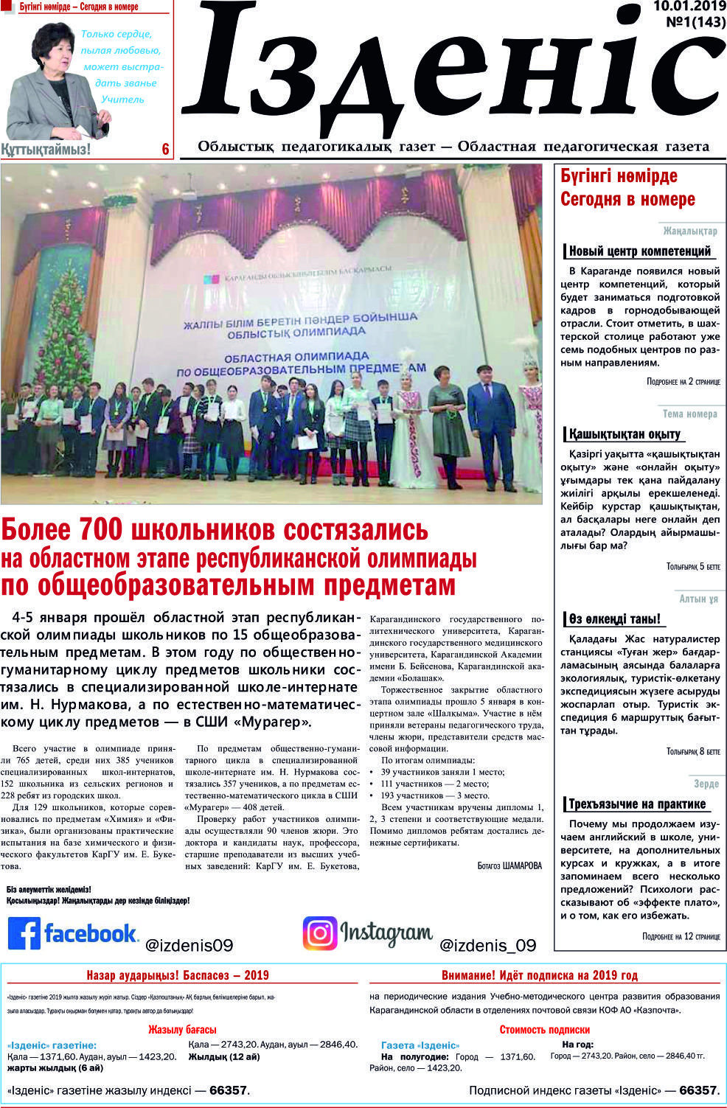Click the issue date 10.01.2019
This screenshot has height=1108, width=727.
pos(689,7)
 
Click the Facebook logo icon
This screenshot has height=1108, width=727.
pos(24,933)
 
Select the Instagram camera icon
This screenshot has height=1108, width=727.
pos(320,933)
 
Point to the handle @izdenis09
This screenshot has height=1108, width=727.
pos(189,945)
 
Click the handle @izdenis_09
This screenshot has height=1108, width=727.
pos(487,945)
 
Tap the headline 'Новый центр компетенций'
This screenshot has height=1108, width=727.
pos(639,251)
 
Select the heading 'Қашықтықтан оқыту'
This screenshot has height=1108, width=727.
pos(625,434)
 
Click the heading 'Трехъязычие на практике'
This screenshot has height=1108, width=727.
pos(637,804)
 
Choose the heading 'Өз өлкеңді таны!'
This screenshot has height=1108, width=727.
pos(614,619)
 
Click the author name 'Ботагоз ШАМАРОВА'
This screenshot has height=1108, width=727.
pos(509,866)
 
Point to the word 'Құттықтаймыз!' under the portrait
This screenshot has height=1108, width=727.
pos(46,150)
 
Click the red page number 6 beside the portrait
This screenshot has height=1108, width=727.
pos(166,150)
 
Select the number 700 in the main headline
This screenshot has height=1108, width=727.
pos(98,530)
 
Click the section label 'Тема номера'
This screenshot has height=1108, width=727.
pos(689,414)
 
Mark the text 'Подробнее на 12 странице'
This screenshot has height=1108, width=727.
pos(681,937)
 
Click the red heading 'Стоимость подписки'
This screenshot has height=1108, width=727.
pos(545,1030)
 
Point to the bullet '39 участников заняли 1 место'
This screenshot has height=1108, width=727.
pos(442,772)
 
